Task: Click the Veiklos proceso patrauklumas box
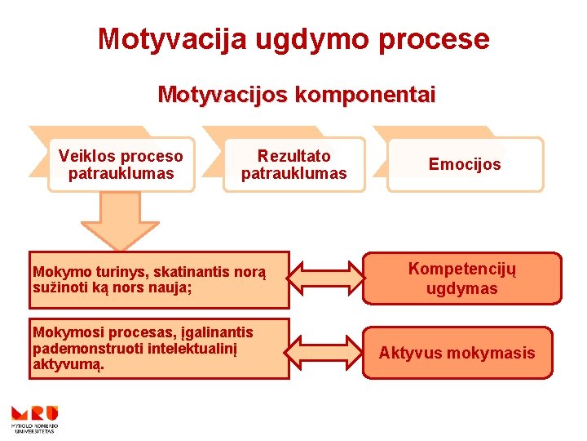[x=121, y=164]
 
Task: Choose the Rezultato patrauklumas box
[x=293, y=164]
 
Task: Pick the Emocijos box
[x=465, y=164]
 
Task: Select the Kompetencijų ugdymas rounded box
[x=462, y=278]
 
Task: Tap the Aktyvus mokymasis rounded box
[x=457, y=353]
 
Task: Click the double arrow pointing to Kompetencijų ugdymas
[x=326, y=278]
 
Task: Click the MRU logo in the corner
[x=33, y=417]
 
